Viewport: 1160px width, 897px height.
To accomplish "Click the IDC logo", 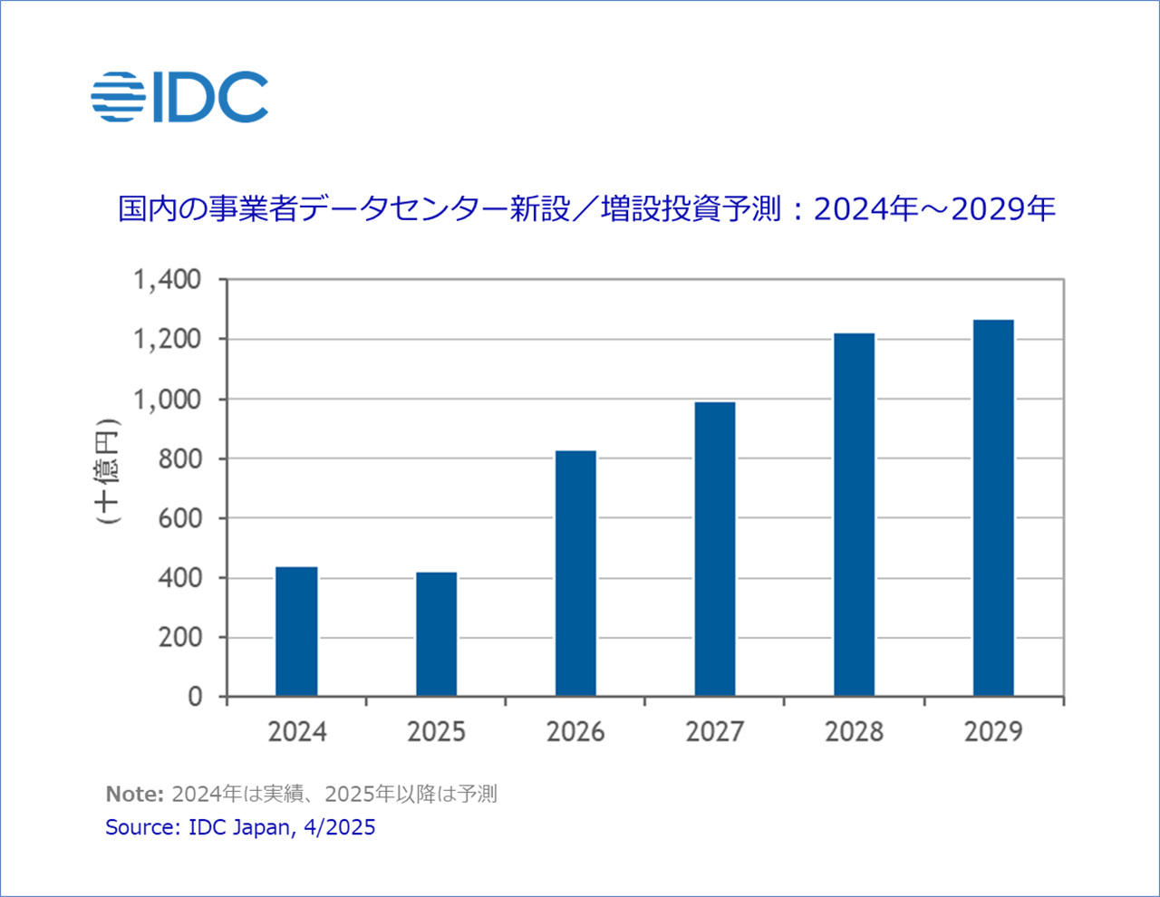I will (x=179, y=97).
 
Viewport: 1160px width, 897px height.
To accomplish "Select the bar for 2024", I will (x=296, y=632).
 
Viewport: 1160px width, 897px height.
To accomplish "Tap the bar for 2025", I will (x=436, y=634).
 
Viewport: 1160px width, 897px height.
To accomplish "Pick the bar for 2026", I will (x=575, y=574).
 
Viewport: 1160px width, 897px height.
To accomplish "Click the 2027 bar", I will (x=715, y=549).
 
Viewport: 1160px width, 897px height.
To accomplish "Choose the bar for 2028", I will (x=854, y=515).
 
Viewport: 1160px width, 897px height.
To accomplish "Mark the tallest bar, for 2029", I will (x=993, y=508).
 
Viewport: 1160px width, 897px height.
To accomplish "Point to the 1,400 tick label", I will (x=168, y=280).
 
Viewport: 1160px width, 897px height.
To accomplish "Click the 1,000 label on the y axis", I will (x=168, y=400).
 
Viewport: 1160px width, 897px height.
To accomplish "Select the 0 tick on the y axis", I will (x=195, y=697).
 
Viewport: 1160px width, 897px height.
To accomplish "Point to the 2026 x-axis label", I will (x=575, y=731).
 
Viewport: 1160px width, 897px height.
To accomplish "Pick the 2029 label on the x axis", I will (x=993, y=731).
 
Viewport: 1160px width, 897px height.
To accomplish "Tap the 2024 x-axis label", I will (x=296, y=731).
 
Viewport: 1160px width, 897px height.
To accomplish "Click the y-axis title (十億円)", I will (x=108, y=471).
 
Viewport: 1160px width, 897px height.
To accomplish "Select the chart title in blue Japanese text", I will (x=586, y=209).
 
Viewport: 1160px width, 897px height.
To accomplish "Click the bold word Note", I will (x=134, y=795).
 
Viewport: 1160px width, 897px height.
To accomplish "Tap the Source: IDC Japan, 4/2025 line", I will (x=240, y=827).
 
